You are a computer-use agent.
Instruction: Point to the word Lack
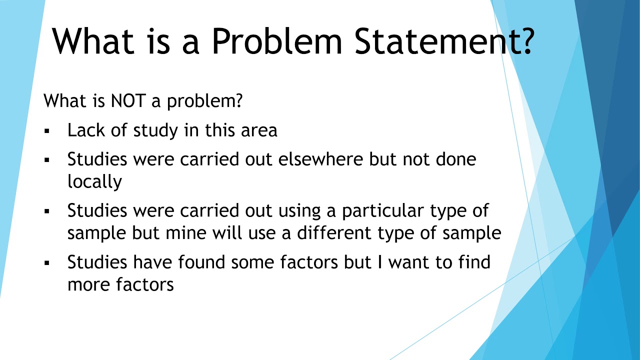pos(86,130)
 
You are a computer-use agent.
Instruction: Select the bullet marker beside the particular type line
pos(47,211)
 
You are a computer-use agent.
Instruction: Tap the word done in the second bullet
pos(455,159)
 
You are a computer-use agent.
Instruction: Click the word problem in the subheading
pos(205,101)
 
